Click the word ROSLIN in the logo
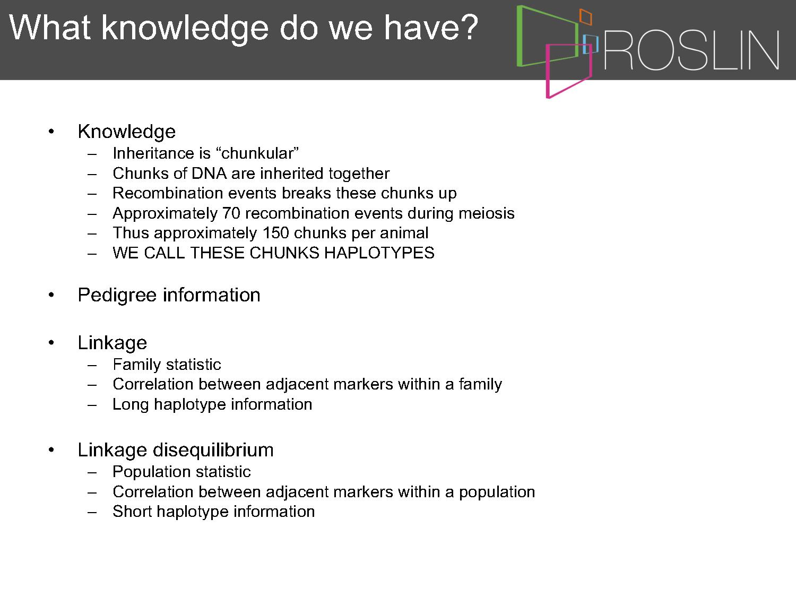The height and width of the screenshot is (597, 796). click(691, 50)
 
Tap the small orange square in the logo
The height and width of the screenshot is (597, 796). click(585, 16)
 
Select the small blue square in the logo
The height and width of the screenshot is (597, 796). click(590, 44)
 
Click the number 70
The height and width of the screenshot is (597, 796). click(231, 213)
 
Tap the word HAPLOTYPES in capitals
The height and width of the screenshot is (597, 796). click(379, 253)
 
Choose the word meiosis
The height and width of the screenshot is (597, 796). click(486, 213)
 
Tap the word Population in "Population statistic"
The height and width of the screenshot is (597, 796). click(152, 472)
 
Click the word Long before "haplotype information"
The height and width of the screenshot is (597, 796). click(131, 405)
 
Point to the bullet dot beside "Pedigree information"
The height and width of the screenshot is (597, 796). click(51, 295)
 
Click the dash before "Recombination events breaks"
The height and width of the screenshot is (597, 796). click(92, 194)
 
